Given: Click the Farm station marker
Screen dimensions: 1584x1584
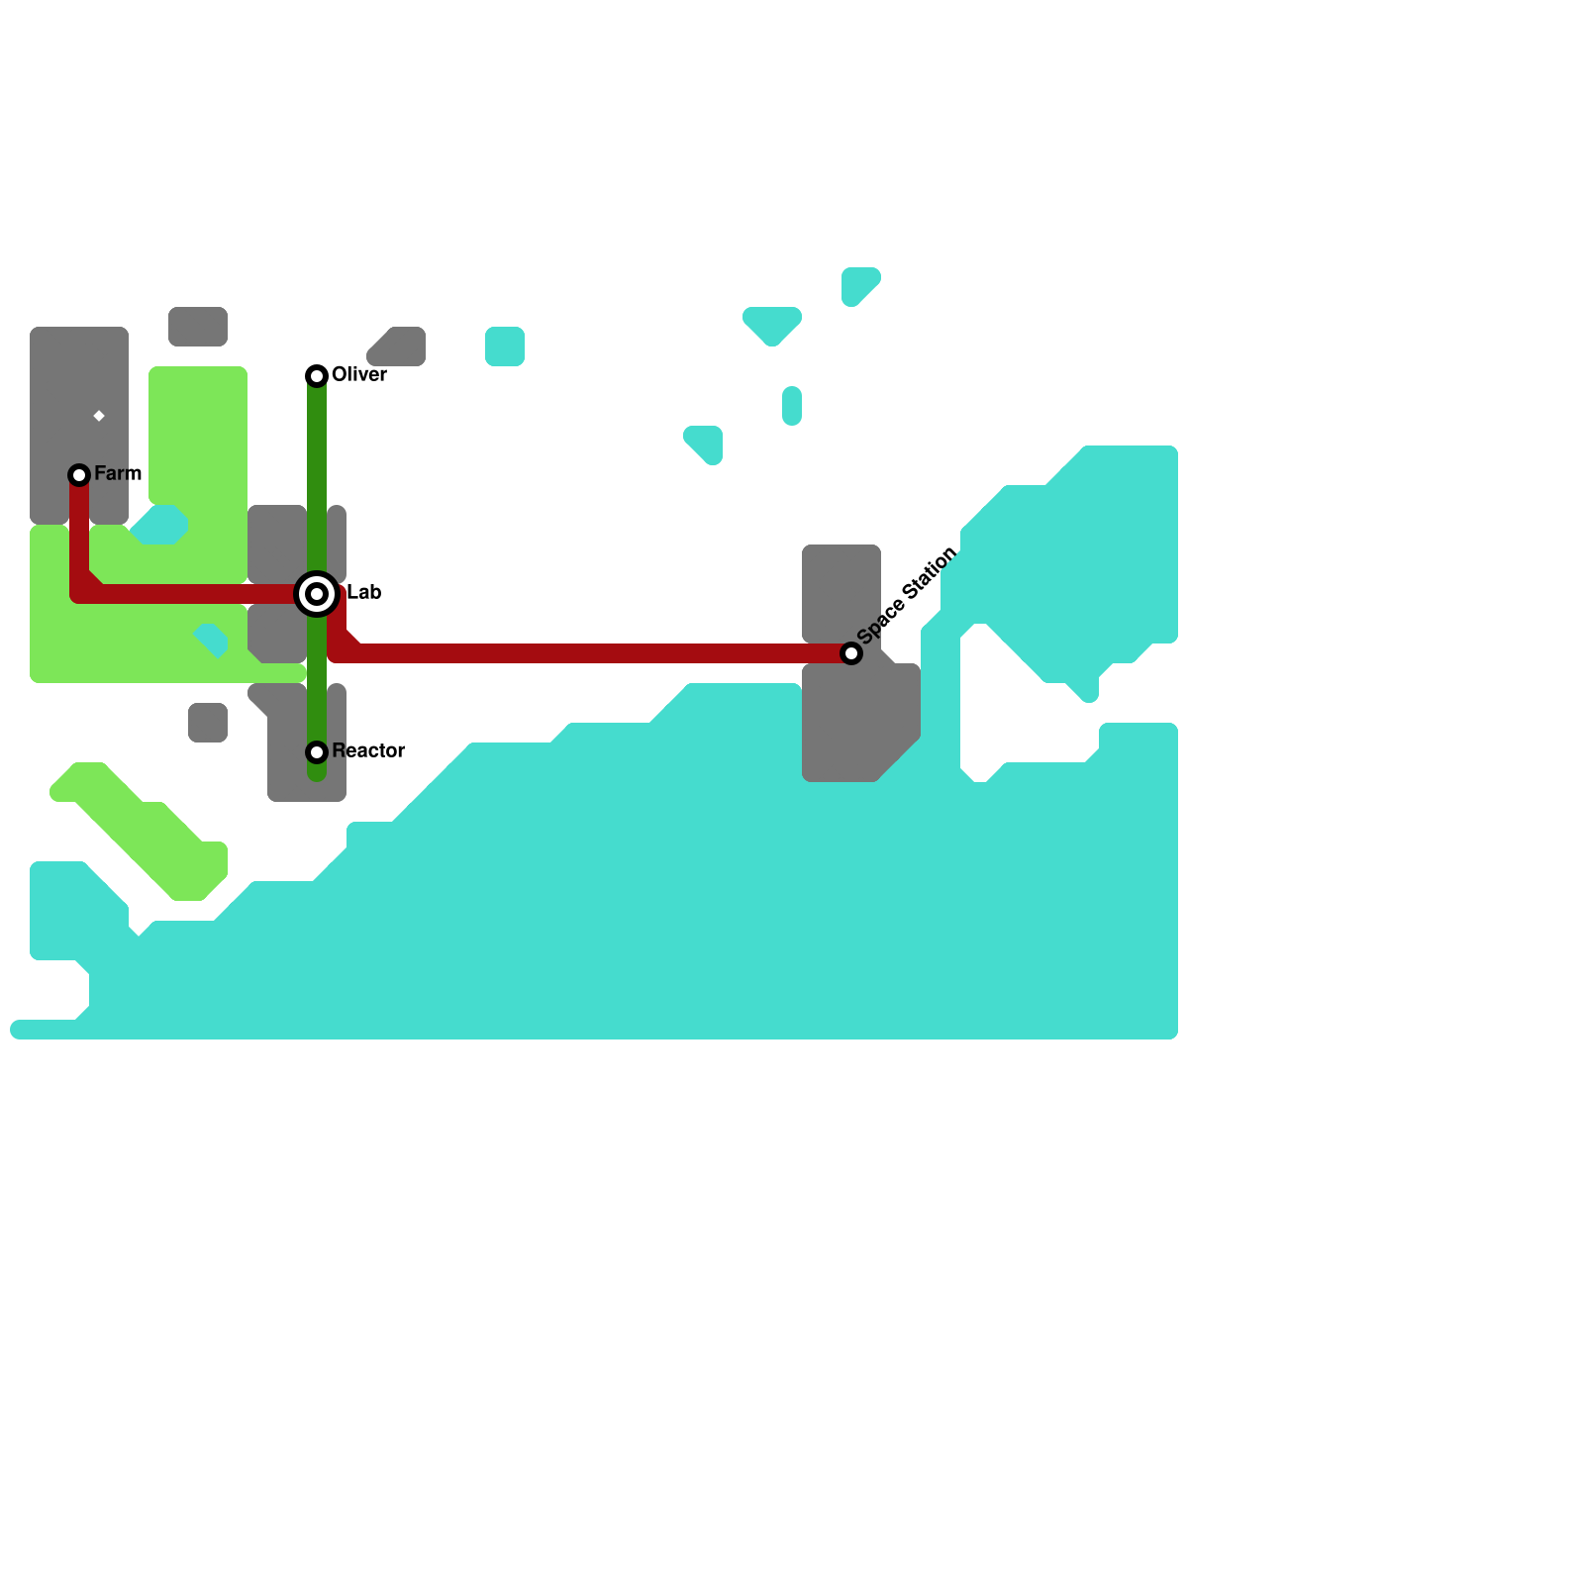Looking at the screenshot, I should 79,475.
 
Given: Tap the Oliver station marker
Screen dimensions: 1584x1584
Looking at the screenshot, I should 317,376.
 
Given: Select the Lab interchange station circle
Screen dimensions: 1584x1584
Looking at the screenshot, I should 317,594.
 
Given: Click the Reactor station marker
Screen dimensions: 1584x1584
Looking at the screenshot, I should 317,752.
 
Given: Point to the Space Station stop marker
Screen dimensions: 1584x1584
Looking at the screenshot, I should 851,653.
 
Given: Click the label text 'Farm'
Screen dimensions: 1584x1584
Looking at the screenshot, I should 118,474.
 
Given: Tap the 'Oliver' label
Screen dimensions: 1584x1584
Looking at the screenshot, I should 358,375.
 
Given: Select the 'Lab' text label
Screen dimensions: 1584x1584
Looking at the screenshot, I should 363,593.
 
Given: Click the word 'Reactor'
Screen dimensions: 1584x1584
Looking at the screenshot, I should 368,751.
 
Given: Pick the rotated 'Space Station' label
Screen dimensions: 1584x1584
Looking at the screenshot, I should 907,594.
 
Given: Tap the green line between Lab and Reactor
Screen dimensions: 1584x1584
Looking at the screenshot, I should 317,683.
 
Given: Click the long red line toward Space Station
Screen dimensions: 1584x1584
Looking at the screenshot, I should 594,653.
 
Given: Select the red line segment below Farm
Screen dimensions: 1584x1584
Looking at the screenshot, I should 79,535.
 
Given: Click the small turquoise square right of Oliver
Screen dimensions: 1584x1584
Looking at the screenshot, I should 505,346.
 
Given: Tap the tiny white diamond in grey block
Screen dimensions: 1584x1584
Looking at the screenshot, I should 99,416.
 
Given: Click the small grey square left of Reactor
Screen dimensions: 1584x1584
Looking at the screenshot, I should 208,723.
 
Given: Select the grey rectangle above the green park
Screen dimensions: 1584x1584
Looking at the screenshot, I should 198,327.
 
